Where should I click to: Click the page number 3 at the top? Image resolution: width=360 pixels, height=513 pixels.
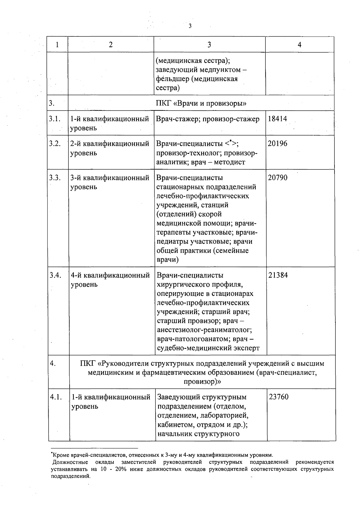coord(190,26)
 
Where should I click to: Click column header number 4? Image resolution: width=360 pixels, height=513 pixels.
coord(299,45)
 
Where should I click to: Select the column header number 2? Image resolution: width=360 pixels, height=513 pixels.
coord(111,45)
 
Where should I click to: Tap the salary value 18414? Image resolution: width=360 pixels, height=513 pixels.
coord(277,119)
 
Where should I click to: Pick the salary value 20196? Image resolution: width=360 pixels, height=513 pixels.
coord(277,144)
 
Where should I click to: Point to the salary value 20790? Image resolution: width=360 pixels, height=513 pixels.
coord(277,178)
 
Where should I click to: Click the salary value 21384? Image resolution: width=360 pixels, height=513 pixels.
coord(278,275)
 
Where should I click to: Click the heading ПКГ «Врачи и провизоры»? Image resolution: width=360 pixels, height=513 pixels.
coord(201,103)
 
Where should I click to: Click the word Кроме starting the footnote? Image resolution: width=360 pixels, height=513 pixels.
coord(59,455)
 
